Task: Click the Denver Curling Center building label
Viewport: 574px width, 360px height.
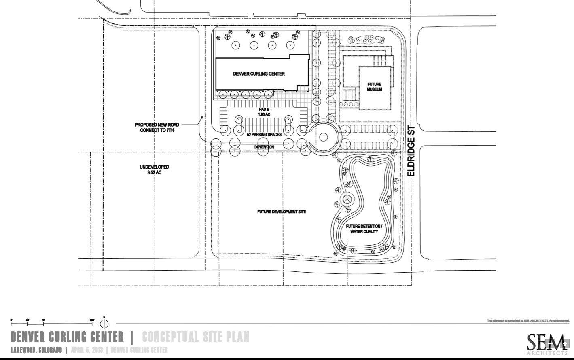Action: pyautogui.click(x=258, y=74)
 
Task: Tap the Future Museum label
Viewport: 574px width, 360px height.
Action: pyautogui.click(x=374, y=87)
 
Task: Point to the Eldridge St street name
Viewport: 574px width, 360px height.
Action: pyautogui.click(x=412, y=150)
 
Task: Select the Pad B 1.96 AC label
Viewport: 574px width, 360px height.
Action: pyautogui.click(x=264, y=112)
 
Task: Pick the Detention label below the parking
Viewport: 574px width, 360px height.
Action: pyautogui.click(x=264, y=147)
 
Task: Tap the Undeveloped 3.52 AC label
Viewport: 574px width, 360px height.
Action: pyautogui.click(x=154, y=169)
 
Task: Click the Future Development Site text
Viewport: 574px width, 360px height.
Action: pyautogui.click(x=282, y=212)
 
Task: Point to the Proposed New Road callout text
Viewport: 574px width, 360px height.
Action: pyautogui.click(x=157, y=127)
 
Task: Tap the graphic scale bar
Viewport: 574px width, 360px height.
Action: pyautogui.click(x=52, y=323)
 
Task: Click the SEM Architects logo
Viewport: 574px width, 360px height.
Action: pyautogui.click(x=546, y=343)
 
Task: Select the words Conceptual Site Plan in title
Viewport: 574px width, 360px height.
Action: pyautogui.click(x=196, y=337)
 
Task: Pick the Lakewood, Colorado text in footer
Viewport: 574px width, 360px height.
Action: pyautogui.click(x=36, y=350)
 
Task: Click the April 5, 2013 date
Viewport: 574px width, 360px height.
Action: pyautogui.click(x=87, y=350)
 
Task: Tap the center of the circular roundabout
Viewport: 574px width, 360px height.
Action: pyautogui.click(x=323, y=137)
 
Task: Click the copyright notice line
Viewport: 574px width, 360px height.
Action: pyautogui.click(x=528, y=321)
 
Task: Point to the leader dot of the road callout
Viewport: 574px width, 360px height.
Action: pyautogui.click(x=202, y=117)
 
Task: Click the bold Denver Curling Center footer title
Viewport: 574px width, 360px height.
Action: pyautogui.click(x=67, y=337)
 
